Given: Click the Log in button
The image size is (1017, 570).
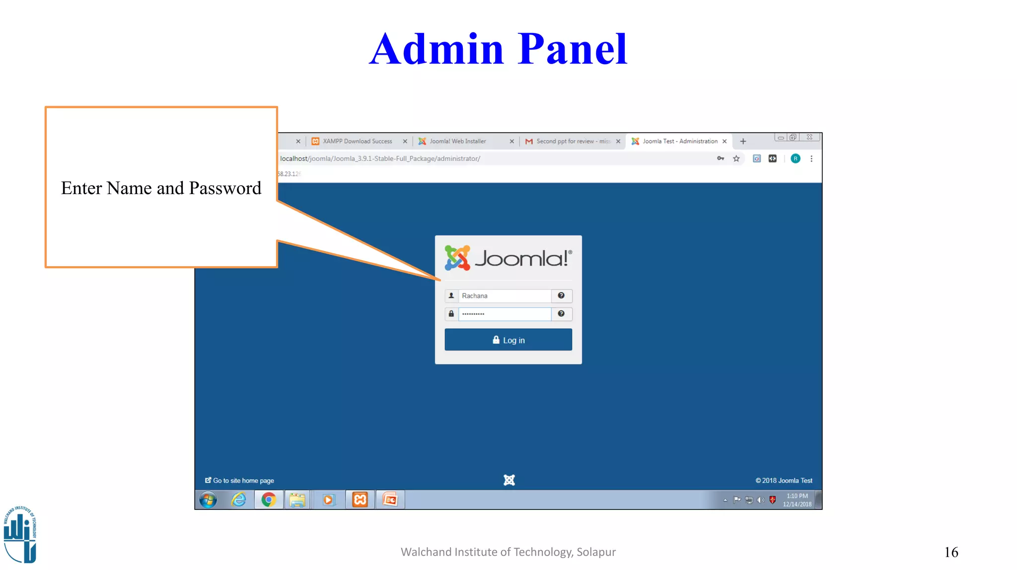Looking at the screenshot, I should [508, 340].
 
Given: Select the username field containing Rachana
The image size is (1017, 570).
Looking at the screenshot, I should [504, 296].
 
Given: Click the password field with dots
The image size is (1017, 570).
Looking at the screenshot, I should [504, 314].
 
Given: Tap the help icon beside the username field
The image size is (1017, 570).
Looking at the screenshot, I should [561, 296].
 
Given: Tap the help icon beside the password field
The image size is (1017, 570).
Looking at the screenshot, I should [561, 314].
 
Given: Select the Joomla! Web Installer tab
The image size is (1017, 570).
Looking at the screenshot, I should [458, 142].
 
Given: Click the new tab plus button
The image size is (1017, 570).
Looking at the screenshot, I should [743, 142].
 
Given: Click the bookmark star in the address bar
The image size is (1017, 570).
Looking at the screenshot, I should [736, 159].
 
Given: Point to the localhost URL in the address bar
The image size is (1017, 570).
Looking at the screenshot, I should [380, 159].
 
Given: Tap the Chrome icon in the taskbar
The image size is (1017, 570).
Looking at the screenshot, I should [269, 499].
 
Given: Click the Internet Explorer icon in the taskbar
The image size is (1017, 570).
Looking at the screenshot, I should [239, 499].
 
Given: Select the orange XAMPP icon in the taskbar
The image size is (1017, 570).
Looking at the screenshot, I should [360, 499].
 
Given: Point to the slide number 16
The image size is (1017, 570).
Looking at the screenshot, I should [951, 552].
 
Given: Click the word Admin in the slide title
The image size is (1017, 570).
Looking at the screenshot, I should [436, 49].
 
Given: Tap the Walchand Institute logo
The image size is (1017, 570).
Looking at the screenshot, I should [20, 534].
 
